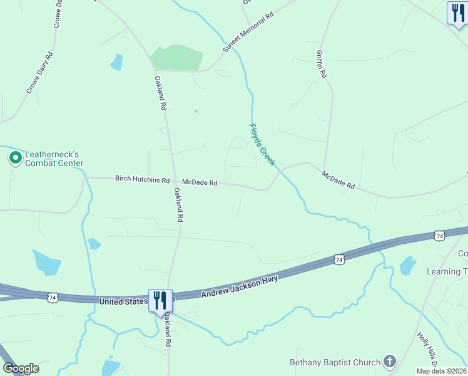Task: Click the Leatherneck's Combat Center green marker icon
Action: pos(14,157)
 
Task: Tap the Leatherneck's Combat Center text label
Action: pos(54,159)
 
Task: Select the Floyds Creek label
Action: pos(262,144)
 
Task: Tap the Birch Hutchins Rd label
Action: pos(142,179)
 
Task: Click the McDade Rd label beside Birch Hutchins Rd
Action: pos(200,183)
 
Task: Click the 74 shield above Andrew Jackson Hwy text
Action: pos(338,259)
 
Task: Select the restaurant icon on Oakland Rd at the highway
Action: pos(160,300)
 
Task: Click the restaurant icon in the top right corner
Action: pos(457,13)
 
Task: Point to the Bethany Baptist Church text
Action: pos(335,362)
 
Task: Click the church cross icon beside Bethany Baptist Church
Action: pos(390,362)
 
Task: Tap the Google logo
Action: pos(21,368)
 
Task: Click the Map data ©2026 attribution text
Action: pos(441,371)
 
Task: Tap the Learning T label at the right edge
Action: pos(447,271)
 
